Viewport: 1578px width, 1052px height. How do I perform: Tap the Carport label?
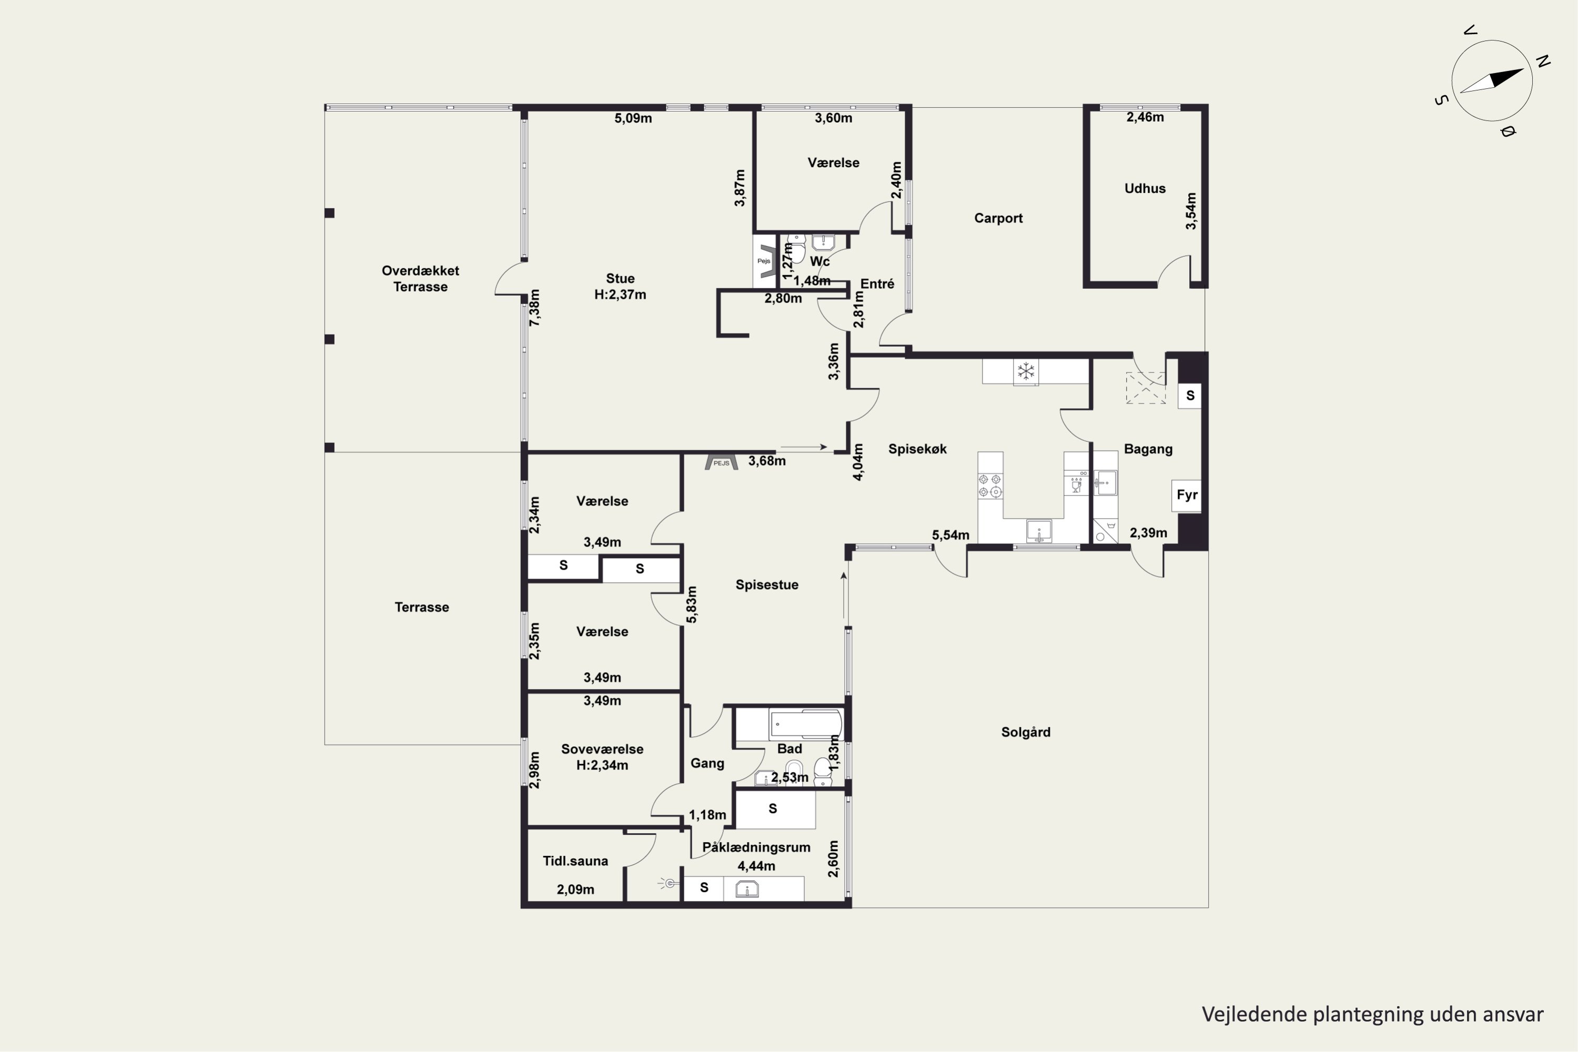998,218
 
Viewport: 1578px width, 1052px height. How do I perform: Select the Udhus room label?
1145,188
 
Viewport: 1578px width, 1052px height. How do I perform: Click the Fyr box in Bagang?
1187,495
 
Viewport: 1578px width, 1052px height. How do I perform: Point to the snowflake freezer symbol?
1025,371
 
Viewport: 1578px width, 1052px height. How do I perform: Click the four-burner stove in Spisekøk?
989,485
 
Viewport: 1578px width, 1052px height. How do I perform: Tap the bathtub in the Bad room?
806,725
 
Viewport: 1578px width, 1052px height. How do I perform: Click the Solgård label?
1026,732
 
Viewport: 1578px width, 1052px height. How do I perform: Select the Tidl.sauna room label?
575,861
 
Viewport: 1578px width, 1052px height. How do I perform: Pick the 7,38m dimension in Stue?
535,308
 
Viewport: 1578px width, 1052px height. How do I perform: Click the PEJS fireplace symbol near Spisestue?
721,462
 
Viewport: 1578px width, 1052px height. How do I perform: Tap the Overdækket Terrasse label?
421,278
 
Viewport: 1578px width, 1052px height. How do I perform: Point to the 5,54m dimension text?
950,535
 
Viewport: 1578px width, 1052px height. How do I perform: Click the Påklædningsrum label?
756,847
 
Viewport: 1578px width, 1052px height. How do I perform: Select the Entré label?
877,284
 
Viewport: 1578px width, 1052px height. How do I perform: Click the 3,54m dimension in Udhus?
1191,211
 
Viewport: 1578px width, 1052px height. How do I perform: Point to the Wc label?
820,261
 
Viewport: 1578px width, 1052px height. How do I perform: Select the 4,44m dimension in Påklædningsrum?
756,866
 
